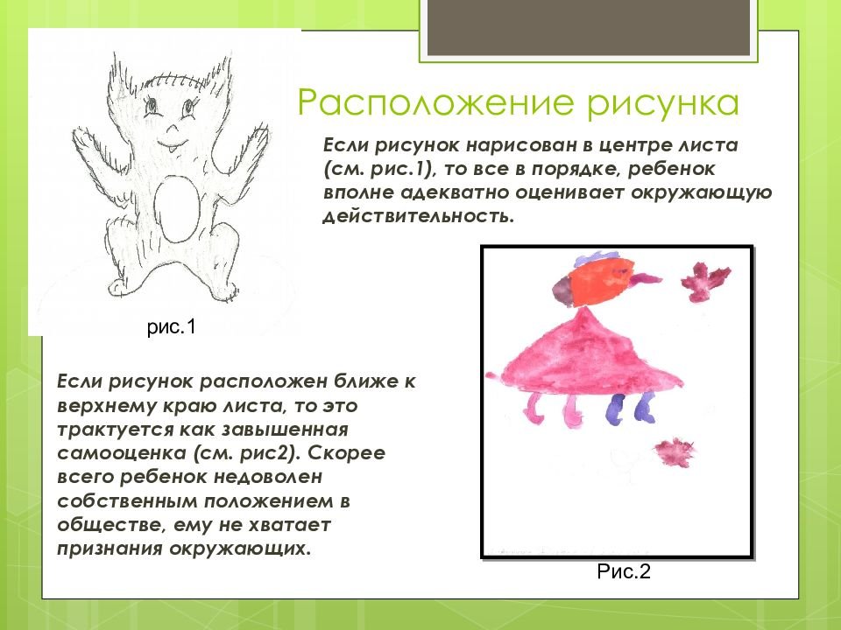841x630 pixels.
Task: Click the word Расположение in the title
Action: [438, 103]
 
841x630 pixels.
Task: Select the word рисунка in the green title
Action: [663, 103]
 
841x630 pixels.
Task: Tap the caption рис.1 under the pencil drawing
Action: [172, 326]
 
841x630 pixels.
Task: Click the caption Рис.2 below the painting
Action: [623, 571]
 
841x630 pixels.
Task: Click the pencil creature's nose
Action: [173, 129]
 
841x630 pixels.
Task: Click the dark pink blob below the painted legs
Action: [675, 452]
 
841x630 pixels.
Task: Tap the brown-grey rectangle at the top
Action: [589, 27]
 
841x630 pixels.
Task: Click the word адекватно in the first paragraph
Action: [455, 192]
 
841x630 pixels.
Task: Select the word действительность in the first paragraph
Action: [419, 216]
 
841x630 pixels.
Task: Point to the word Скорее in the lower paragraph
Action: [346, 454]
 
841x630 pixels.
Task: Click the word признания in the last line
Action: [110, 549]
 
